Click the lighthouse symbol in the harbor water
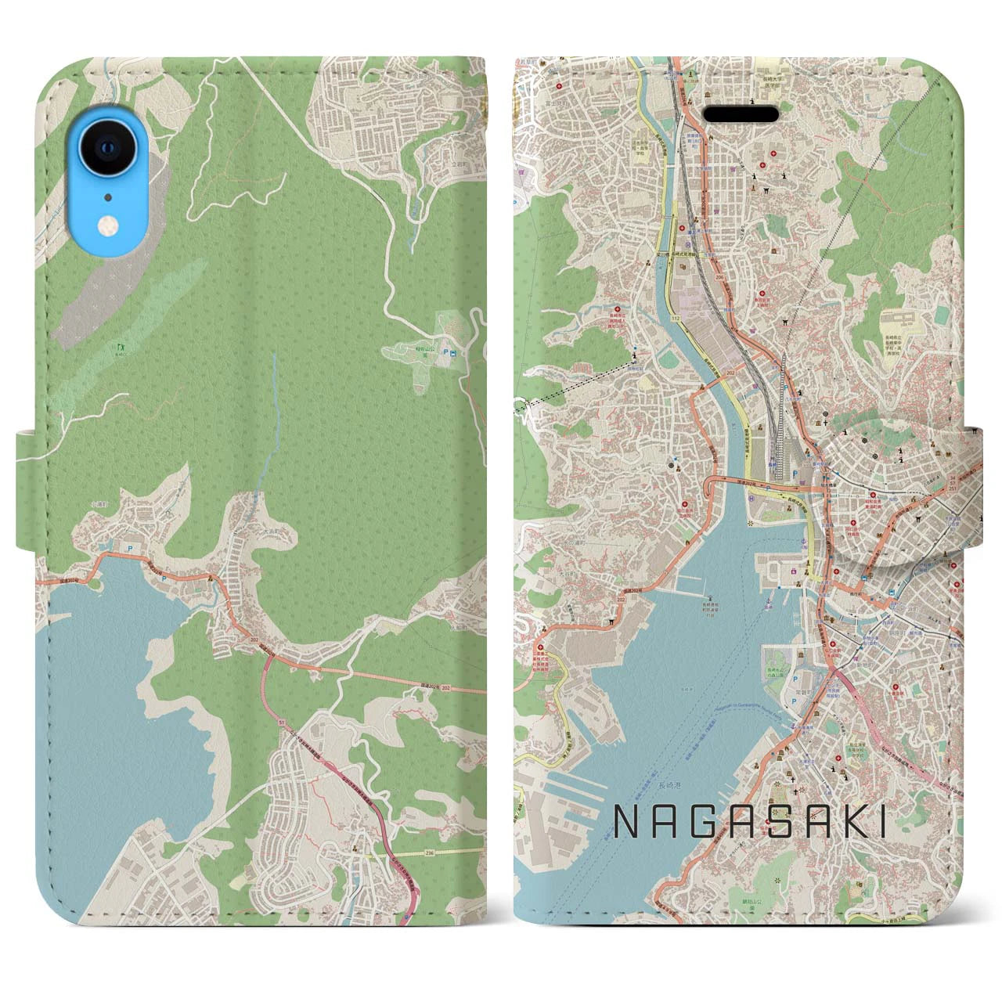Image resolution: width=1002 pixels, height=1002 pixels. (806, 536)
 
